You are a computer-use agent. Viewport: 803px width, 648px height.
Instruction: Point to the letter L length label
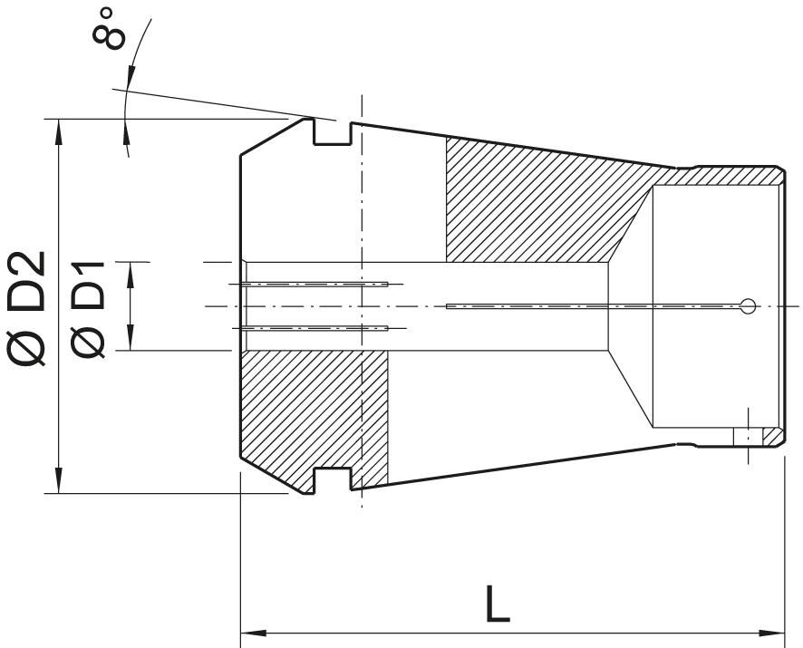click(498, 604)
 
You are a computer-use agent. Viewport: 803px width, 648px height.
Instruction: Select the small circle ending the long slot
click(747, 306)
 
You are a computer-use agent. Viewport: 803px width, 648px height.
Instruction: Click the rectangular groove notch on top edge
click(332, 132)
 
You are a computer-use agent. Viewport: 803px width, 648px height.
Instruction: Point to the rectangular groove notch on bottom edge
click(332, 480)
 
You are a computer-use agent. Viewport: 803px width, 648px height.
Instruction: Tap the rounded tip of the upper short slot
click(385, 285)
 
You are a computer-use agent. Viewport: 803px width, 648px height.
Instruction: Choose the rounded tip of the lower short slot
click(385, 327)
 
